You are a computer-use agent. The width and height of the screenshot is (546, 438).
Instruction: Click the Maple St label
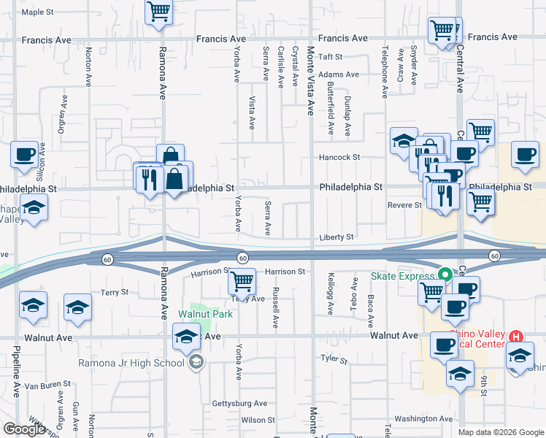[x=38, y=12]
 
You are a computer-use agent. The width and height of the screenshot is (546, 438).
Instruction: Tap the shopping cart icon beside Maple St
[x=158, y=12]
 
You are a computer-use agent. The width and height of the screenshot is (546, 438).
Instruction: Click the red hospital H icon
[x=516, y=337]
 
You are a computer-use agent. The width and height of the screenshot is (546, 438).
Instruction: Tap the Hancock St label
[x=339, y=157]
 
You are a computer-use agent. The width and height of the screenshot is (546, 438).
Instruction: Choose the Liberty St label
[x=337, y=237]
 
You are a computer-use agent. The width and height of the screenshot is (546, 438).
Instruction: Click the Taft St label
[x=330, y=56]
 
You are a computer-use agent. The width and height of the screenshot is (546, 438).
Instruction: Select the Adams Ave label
[x=339, y=74]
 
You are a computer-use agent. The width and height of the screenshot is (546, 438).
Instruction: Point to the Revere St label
[x=405, y=205]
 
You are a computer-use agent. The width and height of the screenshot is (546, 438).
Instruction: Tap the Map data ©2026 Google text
[x=500, y=431]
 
